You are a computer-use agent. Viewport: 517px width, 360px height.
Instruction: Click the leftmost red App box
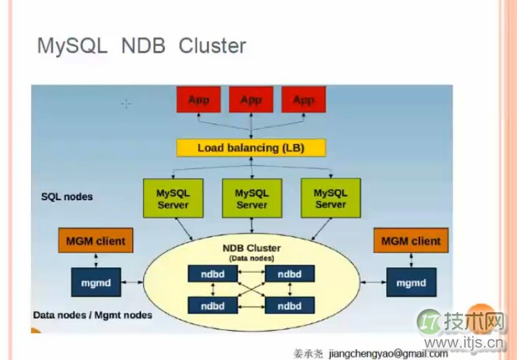tap(199, 100)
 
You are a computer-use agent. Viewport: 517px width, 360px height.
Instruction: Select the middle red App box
tap(251, 100)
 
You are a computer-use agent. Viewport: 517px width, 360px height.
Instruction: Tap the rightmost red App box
tap(303, 100)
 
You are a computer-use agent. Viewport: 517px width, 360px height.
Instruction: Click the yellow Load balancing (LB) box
tap(251, 147)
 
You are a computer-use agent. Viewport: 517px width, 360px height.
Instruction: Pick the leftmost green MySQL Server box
tap(172, 199)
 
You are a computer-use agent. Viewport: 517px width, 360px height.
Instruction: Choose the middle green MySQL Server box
tap(251, 199)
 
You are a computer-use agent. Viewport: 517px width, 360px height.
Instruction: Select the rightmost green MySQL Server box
tap(330, 199)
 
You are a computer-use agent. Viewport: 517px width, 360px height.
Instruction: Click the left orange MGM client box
tap(96, 241)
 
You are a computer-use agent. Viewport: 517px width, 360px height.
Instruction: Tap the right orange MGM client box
tap(411, 241)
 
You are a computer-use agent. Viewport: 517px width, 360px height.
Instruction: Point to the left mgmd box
tap(96, 282)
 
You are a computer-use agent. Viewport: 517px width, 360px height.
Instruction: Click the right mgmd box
tap(411, 282)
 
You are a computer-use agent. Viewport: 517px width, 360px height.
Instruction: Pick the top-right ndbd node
tap(289, 274)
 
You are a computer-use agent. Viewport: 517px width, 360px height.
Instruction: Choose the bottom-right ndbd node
tap(289, 305)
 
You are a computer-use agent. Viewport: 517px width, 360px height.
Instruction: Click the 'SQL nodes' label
tap(67, 197)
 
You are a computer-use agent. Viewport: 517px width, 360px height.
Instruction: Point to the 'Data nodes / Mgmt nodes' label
tap(93, 315)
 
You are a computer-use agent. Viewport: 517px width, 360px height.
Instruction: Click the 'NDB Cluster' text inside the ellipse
tap(251, 248)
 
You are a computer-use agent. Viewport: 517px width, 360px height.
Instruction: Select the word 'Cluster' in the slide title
tap(212, 46)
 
